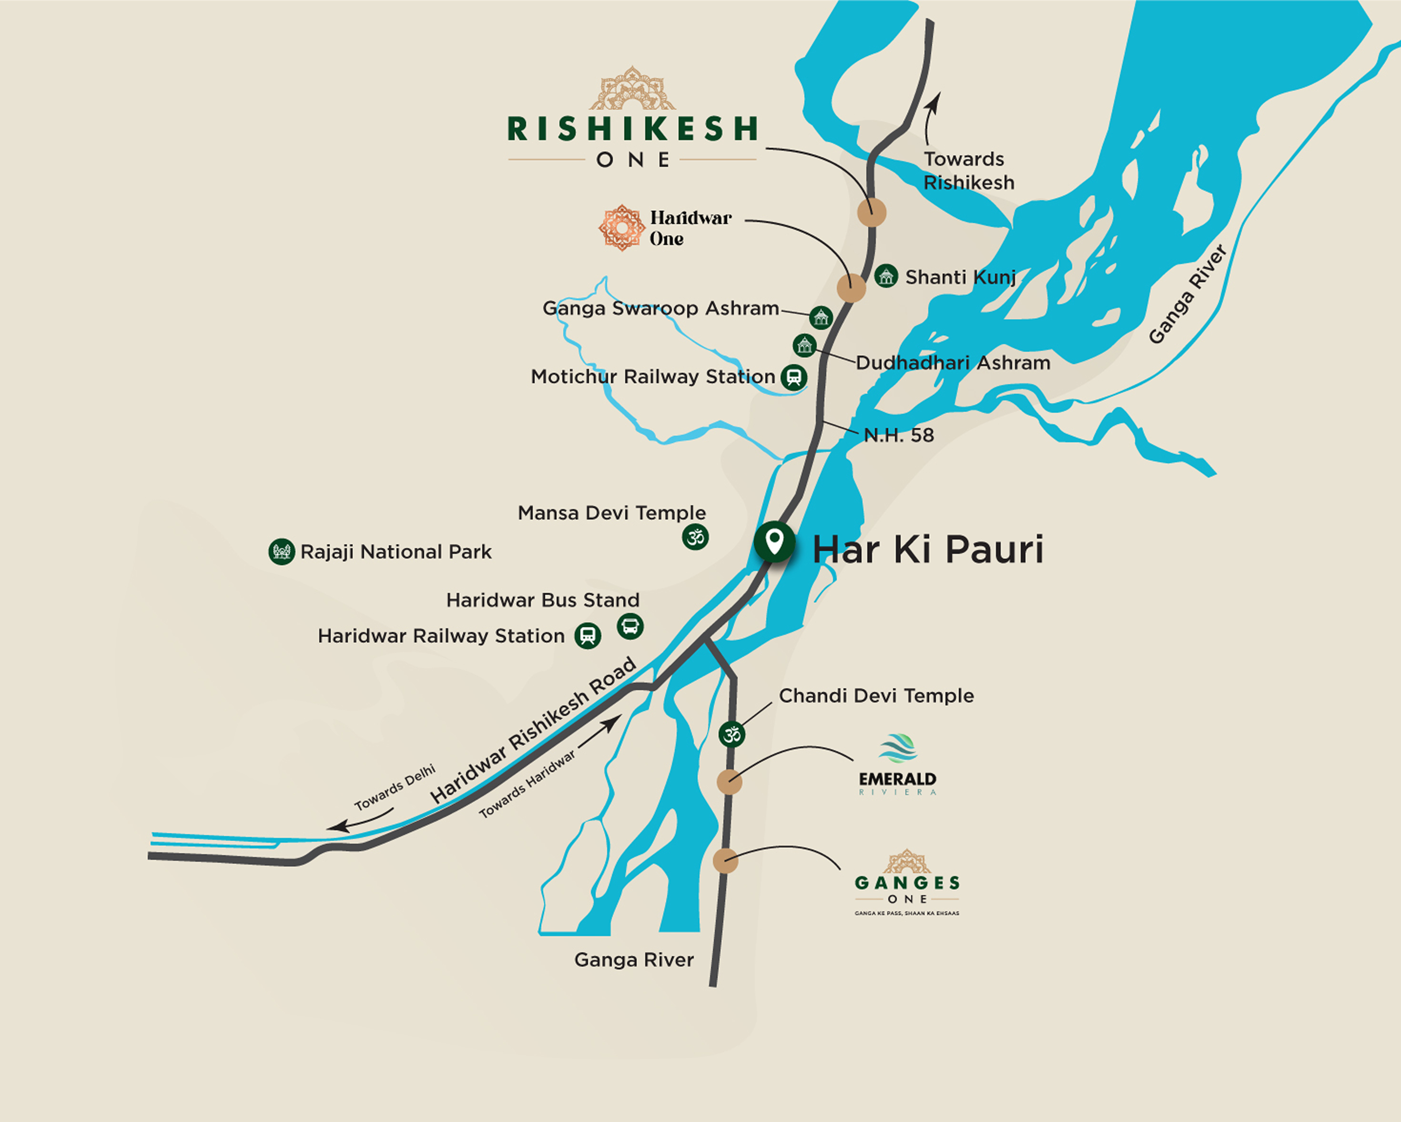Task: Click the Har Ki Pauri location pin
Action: (774, 541)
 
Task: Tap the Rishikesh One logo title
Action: (632, 129)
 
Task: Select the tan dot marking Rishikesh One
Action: (872, 213)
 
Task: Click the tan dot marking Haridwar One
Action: (851, 288)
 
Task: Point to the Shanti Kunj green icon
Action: (886, 276)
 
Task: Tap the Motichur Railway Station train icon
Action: (793, 377)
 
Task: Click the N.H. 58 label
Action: (899, 436)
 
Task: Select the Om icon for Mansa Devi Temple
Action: (695, 538)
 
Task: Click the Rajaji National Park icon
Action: (281, 552)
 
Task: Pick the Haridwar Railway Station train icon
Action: (588, 636)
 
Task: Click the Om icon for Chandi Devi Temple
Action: (731, 734)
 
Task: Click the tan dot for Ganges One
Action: (725, 861)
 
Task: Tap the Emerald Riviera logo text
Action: (897, 779)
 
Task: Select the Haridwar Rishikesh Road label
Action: (533, 730)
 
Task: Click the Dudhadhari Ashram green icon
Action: (804, 345)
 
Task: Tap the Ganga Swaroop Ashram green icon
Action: (821, 317)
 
